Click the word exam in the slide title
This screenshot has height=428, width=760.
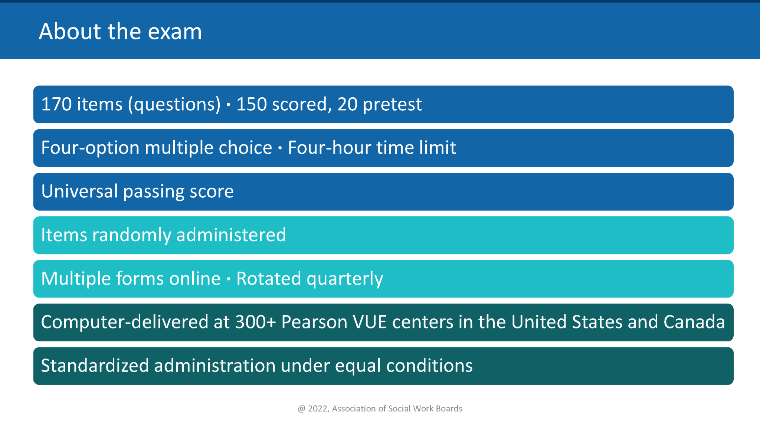(175, 32)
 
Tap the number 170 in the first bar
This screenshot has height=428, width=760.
(56, 104)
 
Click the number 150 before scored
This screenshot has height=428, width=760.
(251, 104)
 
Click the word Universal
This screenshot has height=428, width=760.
(79, 192)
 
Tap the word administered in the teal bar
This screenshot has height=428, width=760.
(231, 235)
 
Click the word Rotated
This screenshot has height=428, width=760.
(268, 279)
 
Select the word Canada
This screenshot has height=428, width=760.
(694, 322)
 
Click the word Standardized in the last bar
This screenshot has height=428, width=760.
(95, 366)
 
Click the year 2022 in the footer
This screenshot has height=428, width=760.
(318, 409)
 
